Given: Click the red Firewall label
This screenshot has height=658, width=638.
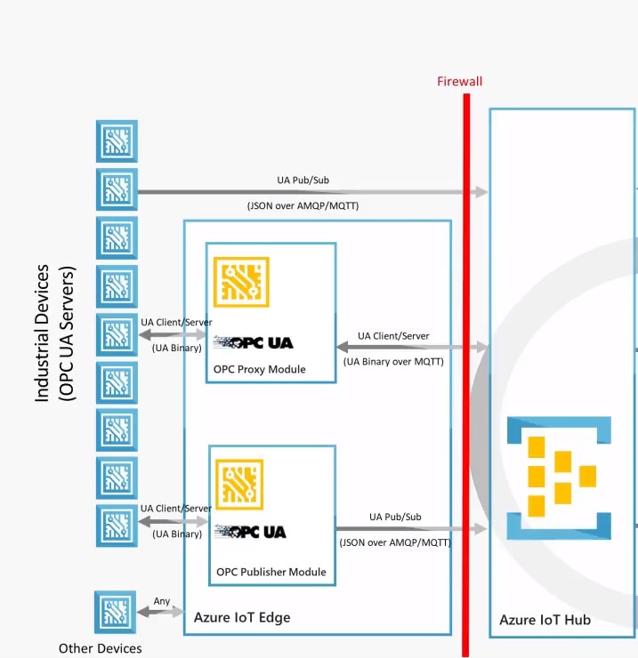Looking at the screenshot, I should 459,82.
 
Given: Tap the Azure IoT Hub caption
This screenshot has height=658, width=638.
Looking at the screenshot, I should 545,620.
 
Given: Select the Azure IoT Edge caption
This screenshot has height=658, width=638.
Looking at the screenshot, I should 242,617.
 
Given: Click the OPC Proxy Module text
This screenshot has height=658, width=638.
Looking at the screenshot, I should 259,369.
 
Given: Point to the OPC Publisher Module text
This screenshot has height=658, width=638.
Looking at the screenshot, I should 271,572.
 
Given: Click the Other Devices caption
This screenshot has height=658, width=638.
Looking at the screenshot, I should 100,648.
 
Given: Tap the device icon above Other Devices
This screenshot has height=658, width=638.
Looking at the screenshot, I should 116,612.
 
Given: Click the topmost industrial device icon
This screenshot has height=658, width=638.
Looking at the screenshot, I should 117,141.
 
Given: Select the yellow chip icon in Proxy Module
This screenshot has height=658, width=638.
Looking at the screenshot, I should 241,282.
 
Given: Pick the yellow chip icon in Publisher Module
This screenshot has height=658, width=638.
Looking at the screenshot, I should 238,484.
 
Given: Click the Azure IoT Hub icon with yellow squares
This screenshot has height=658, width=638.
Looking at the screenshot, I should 559,477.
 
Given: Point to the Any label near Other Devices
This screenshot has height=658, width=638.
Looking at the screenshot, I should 162,601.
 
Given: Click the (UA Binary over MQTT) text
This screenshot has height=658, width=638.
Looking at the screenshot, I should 393,361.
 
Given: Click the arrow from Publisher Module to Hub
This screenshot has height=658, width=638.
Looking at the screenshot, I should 412,529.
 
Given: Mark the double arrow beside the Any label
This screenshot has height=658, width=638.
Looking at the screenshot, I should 160,613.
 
